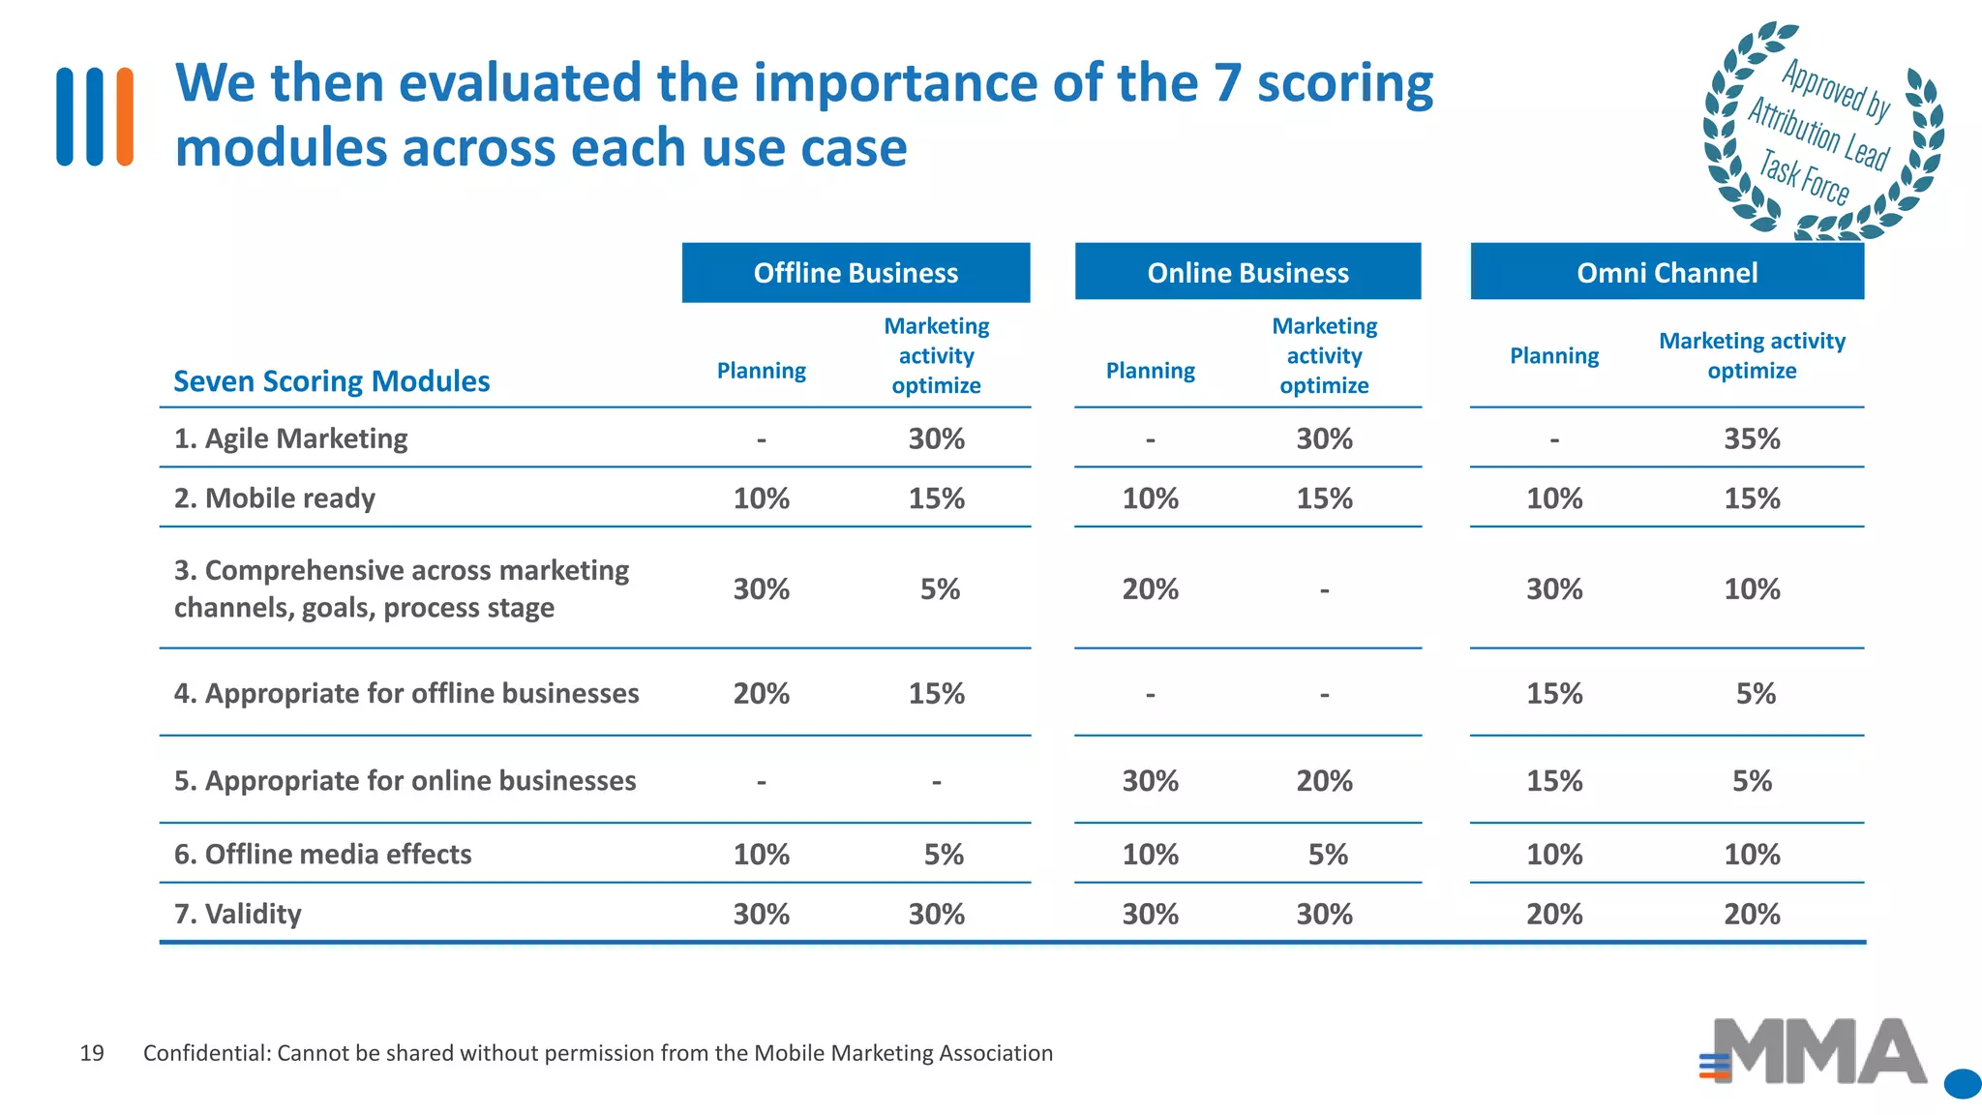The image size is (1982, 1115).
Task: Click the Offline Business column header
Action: click(856, 273)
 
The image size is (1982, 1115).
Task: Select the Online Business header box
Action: click(1247, 273)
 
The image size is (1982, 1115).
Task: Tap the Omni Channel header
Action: click(1667, 273)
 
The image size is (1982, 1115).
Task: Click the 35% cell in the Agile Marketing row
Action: click(1752, 438)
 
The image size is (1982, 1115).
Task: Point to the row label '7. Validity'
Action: click(238, 914)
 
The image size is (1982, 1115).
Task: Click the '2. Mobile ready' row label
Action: click(275, 498)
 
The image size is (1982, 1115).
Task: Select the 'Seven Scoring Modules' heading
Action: click(332, 381)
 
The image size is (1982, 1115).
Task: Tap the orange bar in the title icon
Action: click(125, 116)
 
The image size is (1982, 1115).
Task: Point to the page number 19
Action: click(92, 1053)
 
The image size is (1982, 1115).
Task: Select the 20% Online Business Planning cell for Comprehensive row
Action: click(1150, 589)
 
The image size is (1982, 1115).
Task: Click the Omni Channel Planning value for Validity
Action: click(1554, 914)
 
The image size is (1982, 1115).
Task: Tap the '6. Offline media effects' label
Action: click(323, 854)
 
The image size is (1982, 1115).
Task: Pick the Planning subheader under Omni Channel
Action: click(1554, 356)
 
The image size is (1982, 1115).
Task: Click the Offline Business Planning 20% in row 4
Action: click(761, 693)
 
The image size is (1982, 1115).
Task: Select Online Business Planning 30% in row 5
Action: click(1150, 780)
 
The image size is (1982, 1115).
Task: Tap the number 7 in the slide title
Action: click(1226, 83)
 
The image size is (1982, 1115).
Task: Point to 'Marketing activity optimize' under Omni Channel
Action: click(1752, 355)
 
